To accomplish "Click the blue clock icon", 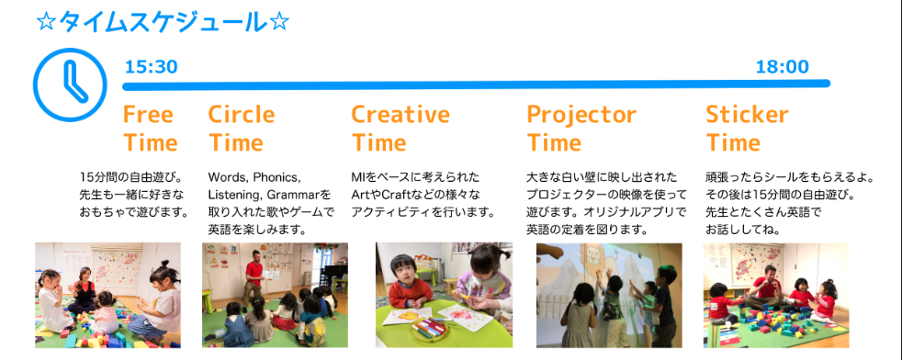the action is coord(70,84).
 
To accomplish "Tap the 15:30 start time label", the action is coord(152,67).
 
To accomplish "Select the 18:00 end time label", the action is coord(782,67).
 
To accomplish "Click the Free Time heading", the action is coord(150,129).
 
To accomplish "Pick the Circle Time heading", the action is coord(242,129).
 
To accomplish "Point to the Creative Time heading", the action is coord(400,129).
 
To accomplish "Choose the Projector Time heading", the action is coord(581,129).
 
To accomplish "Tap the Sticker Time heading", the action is coord(748,129).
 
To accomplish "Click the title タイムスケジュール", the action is coord(163,22).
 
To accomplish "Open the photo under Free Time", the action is coord(108,295).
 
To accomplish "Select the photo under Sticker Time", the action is coord(776,295).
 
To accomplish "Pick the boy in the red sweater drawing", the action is coord(410,283).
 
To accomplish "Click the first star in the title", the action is coord(45,23).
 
